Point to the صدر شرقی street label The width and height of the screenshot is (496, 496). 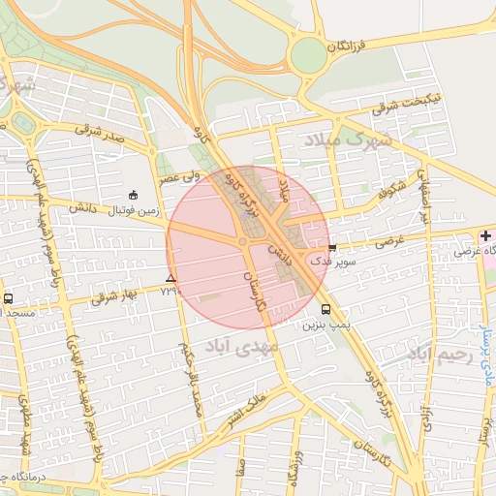[100, 133]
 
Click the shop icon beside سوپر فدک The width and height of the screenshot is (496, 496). [333, 247]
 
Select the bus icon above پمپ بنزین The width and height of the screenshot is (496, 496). [325, 310]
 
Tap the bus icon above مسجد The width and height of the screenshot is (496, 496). [9, 298]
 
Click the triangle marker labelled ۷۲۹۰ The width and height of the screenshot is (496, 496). [170, 278]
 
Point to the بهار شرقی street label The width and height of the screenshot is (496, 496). [114, 296]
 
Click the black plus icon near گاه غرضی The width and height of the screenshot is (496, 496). [485, 236]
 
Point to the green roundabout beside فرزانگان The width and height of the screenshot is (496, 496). [309, 54]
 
